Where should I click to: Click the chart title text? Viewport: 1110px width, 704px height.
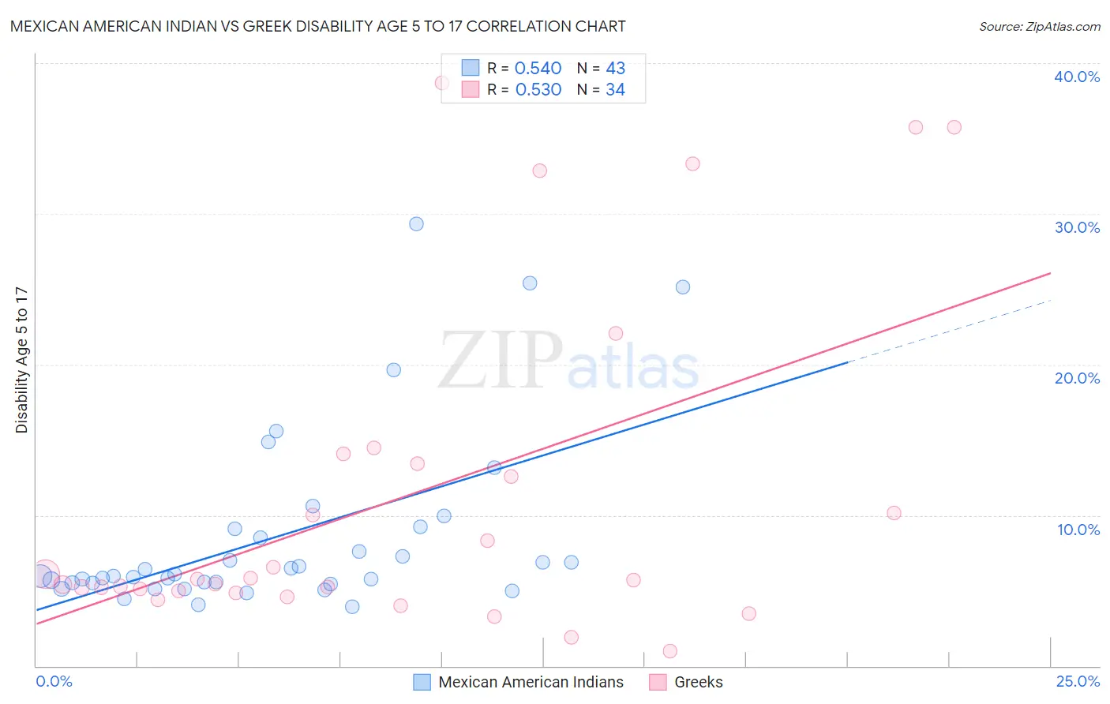click(x=317, y=26)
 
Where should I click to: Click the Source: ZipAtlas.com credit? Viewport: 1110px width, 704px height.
click(x=1039, y=27)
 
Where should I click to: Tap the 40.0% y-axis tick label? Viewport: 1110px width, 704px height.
click(x=1077, y=77)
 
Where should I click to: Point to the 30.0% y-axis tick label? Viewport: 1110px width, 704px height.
click(x=1077, y=227)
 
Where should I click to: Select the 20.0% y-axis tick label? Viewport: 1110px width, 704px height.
click(x=1077, y=378)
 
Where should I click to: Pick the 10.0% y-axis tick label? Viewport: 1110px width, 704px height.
click(x=1078, y=530)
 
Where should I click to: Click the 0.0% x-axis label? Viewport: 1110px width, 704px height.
click(x=54, y=681)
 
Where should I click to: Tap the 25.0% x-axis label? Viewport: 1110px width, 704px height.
click(x=1078, y=681)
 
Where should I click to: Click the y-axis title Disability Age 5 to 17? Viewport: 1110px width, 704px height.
click(x=22, y=360)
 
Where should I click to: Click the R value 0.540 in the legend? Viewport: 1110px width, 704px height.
click(x=538, y=69)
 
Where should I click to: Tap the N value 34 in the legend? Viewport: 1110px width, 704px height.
click(x=615, y=90)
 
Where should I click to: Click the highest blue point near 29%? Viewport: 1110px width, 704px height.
click(x=416, y=224)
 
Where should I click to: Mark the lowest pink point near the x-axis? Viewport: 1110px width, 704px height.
click(x=670, y=651)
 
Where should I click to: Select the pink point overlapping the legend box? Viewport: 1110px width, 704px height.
click(x=442, y=83)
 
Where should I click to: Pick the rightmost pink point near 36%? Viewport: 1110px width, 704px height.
click(x=954, y=127)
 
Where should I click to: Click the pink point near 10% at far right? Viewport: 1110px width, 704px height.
click(x=894, y=513)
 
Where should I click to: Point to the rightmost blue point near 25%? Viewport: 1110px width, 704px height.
click(x=683, y=287)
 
